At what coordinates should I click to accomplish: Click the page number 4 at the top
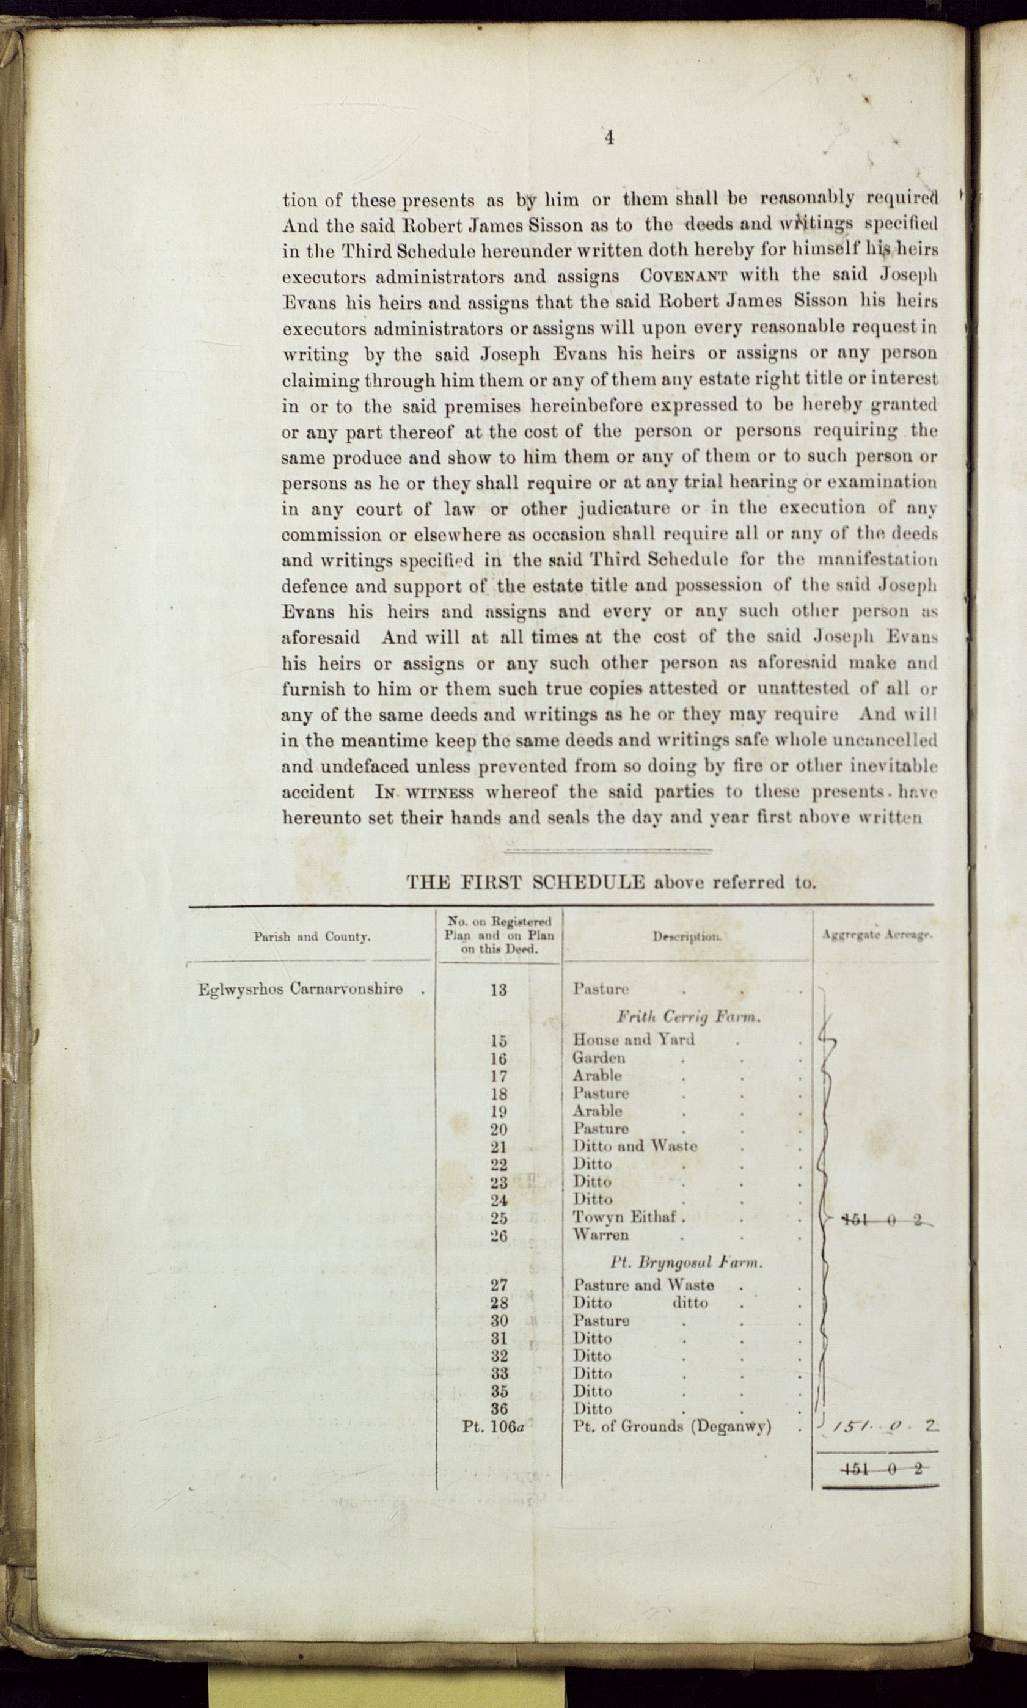point(609,137)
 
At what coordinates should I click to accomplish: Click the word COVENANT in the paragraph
point(683,276)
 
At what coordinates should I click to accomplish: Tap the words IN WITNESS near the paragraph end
point(424,792)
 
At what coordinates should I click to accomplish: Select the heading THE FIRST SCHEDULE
point(525,883)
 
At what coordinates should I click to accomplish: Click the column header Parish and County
point(312,937)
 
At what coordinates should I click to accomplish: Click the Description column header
point(687,936)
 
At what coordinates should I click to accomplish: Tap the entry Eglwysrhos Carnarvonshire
point(301,988)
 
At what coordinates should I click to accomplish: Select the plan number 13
point(499,990)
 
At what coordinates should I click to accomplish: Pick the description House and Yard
point(633,1040)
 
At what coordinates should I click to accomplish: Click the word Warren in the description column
point(601,1235)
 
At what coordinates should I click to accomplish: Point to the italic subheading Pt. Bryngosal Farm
point(686,1263)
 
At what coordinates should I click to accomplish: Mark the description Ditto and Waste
point(635,1146)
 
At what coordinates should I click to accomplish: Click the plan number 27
point(499,1285)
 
